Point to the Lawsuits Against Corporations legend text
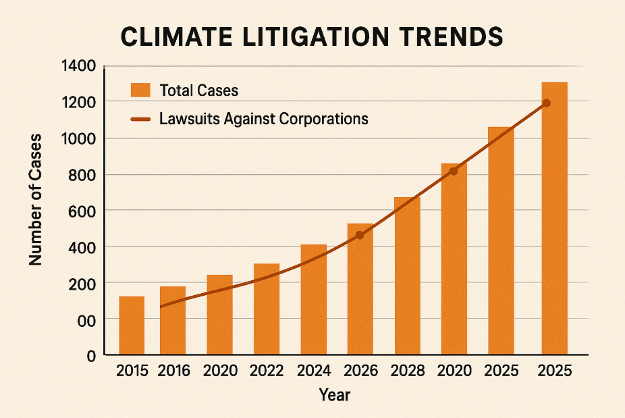pos(264,119)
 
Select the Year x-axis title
pos(334,394)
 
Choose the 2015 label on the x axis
pos(133,371)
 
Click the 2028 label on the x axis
pos(407,371)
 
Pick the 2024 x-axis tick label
pos(313,371)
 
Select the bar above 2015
pos(132,325)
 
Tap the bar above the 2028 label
pos(407,277)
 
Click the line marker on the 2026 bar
pos(360,235)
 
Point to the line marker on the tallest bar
pos(547,103)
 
